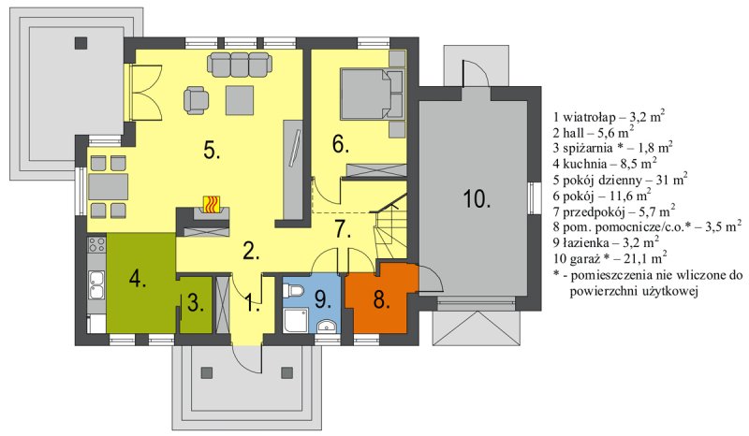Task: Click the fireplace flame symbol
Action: (212, 204)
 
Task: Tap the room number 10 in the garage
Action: (477, 198)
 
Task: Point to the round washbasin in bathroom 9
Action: (327, 327)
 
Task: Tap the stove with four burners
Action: (96, 245)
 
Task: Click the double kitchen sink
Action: (96, 285)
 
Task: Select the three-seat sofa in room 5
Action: (240, 64)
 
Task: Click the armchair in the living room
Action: (196, 100)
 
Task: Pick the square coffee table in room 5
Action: (240, 100)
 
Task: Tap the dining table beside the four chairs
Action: (108, 187)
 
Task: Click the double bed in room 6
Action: (371, 94)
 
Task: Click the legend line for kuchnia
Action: (605, 164)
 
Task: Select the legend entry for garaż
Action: (610, 258)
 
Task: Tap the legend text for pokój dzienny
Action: (621, 180)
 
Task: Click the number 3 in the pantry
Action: (195, 303)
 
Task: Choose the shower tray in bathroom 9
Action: (296, 320)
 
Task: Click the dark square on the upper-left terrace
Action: (81, 43)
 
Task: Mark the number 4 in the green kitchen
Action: (138, 279)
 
